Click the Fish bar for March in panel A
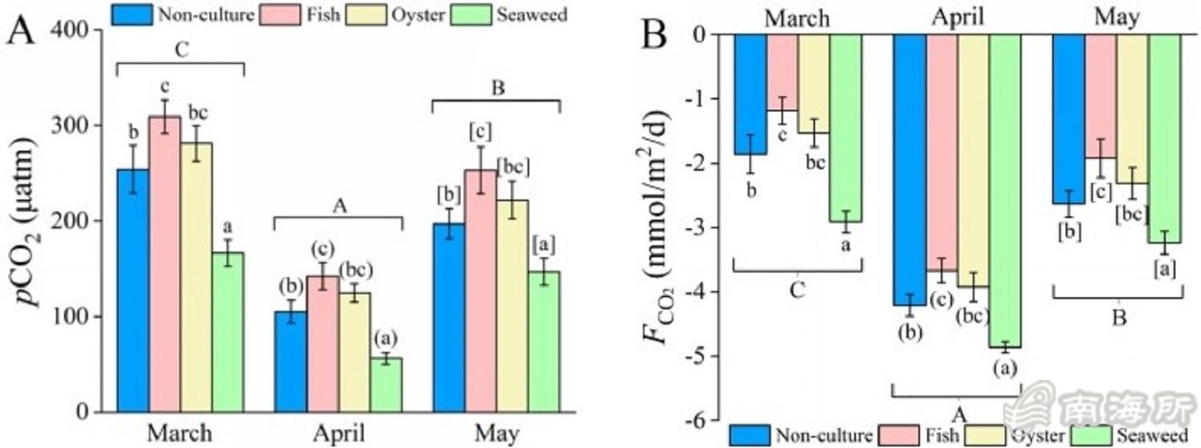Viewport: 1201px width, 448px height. [x=164, y=264]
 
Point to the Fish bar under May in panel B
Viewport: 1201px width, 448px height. [x=1100, y=96]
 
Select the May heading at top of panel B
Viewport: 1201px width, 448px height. [x=1116, y=17]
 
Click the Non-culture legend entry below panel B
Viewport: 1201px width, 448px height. [x=800, y=435]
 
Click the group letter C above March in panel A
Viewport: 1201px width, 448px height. [x=181, y=49]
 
